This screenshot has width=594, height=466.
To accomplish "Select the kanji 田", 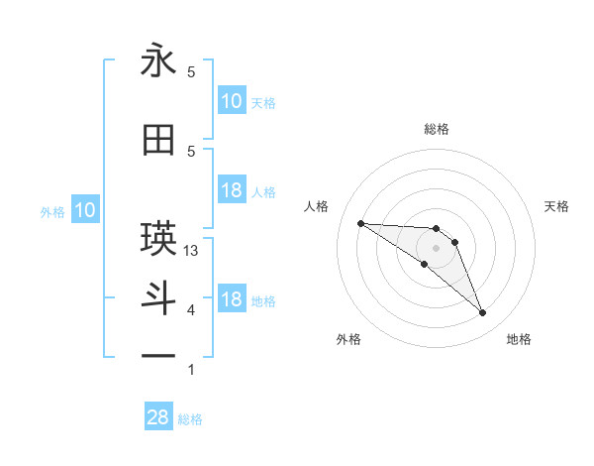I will coord(158,141).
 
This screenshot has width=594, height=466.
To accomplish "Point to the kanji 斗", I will coord(158,299).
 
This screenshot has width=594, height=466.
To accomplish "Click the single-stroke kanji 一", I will coord(158,354).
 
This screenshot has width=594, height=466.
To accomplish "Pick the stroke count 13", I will coord(192,251).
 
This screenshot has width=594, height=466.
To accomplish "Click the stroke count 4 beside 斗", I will coord(191,310).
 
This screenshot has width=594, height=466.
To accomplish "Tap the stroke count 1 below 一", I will coord(191,370).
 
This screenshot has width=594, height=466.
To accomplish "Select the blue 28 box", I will coord(158,417).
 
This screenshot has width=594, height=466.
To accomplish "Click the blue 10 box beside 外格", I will coord(85,210).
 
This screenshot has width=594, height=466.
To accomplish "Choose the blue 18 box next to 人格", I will coord(232,190).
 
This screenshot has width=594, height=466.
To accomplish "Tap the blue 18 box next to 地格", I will coord(232,299).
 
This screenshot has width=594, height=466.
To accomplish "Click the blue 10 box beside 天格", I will coord(232,101).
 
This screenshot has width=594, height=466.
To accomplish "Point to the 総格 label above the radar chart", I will coord(436,129).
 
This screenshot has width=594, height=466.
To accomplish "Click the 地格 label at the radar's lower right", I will coord(519,339).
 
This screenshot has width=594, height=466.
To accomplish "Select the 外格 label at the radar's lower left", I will coord(349,339).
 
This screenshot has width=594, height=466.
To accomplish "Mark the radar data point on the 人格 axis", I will coord(360,223).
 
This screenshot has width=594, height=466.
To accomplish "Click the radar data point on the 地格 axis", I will coord(482,313).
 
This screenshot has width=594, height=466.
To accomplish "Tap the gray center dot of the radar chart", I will coord(436,248).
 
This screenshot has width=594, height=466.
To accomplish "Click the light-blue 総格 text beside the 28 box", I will coord(190,419).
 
